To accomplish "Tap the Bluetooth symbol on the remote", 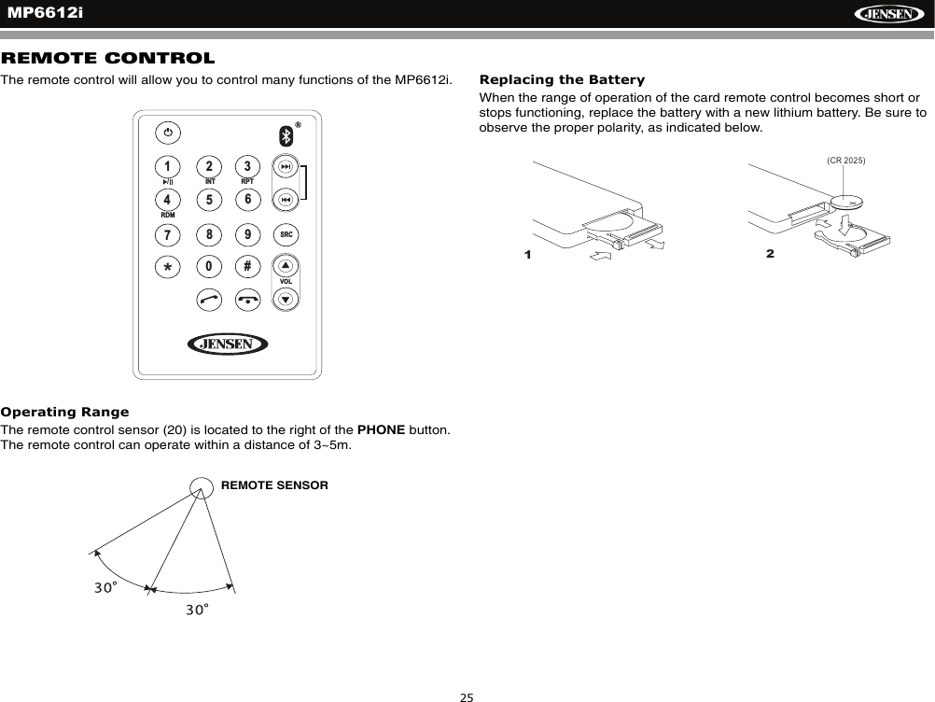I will pos(287,135).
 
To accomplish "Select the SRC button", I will pos(286,233).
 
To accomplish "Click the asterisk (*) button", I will pos(167,267).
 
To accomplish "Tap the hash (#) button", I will pos(247,265).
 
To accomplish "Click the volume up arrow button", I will pos(286,265).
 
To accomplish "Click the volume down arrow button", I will pos(286,299).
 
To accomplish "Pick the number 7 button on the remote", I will pos(167,232).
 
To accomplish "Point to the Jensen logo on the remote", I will pos(228,344).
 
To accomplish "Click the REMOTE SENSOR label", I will pos(274,485).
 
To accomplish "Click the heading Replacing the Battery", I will pos(562,79).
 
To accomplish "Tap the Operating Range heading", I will pos(65,412).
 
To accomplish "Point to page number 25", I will pos(467,695).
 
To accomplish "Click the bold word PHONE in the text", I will pos(381,429).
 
